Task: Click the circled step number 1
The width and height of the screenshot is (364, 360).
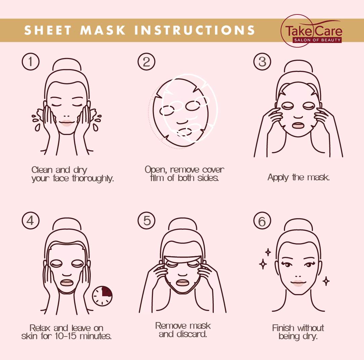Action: [x=31, y=61]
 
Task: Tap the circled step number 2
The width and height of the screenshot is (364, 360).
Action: [x=146, y=61]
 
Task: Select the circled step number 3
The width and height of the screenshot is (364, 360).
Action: [x=262, y=61]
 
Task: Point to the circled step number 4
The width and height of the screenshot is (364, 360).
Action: [x=31, y=220]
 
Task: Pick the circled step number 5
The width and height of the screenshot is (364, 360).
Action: [x=146, y=220]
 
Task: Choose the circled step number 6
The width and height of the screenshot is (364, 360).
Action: [x=262, y=220]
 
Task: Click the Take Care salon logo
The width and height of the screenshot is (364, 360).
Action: [x=312, y=31]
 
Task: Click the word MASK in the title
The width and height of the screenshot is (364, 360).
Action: [x=103, y=30]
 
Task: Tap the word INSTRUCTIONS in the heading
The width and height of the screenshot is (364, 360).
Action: [x=195, y=30]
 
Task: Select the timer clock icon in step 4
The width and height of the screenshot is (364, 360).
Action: [x=102, y=296]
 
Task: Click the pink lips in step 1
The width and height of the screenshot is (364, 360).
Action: [x=67, y=123]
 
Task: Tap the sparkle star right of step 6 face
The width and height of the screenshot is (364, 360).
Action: [x=326, y=281]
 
